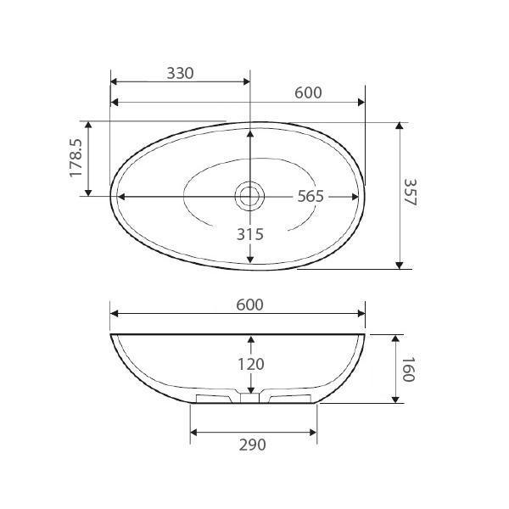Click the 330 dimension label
pyautogui.click(x=180, y=73)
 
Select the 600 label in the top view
pyautogui.click(x=308, y=92)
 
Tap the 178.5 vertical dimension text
pyautogui.click(x=76, y=159)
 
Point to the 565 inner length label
pyautogui.click(x=310, y=196)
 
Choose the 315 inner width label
pyautogui.click(x=249, y=234)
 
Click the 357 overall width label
pyautogui.click(x=410, y=195)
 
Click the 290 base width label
pyautogui.click(x=252, y=445)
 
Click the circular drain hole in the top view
pyautogui.click(x=249, y=196)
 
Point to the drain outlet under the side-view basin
pyautogui.click(x=249, y=397)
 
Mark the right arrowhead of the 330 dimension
pyautogui.click(x=245, y=82)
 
